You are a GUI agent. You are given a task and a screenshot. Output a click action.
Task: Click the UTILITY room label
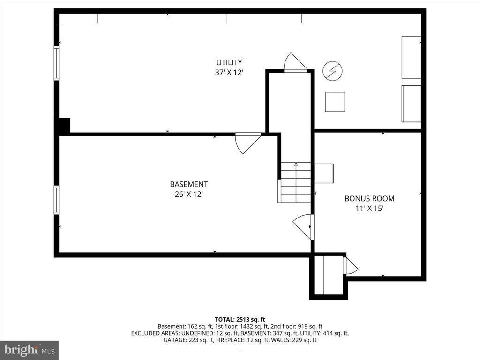(229, 62)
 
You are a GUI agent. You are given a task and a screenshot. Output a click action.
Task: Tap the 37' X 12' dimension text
(229, 73)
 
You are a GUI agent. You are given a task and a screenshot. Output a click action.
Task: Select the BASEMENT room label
(189, 184)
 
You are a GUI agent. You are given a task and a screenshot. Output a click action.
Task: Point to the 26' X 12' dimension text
(189, 194)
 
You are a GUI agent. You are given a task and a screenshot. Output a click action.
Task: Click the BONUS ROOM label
(369, 198)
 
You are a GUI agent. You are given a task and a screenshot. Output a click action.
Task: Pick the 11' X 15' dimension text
(369, 209)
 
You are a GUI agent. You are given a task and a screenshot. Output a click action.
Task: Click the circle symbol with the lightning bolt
(332, 71)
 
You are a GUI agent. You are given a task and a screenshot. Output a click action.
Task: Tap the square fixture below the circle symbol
(335, 102)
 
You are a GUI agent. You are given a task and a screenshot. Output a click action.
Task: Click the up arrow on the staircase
(296, 182)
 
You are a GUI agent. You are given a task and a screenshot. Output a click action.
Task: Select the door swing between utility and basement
(248, 143)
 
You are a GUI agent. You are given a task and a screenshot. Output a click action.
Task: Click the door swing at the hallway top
(295, 63)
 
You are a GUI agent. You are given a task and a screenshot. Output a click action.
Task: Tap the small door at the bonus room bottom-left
(350, 266)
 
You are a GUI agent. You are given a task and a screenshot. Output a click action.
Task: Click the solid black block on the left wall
(64, 126)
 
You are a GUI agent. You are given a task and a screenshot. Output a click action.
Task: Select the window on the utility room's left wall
(56, 63)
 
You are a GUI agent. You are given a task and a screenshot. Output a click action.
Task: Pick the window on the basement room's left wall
(56, 200)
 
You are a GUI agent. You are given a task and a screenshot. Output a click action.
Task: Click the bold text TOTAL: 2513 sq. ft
(240, 320)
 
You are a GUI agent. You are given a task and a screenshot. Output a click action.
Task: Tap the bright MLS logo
(30, 350)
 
